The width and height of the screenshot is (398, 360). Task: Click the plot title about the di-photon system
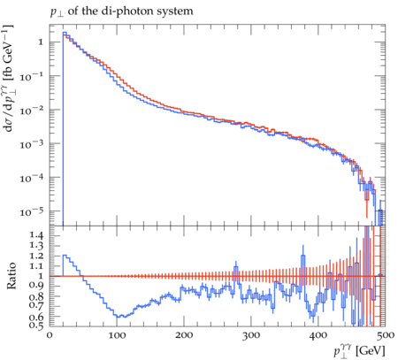pyautogui.click(x=122, y=11)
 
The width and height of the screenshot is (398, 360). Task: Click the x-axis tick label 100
pyautogui.click(x=117, y=335)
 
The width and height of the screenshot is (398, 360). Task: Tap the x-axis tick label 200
pyautogui.click(x=184, y=335)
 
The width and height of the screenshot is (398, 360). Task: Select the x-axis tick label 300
pyautogui.click(x=251, y=335)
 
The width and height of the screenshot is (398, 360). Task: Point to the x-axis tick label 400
pyautogui.click(x=318, y=335)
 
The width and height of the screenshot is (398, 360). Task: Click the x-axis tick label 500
pyautogui.click(x=385, y=335)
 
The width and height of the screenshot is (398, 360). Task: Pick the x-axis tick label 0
pyautogui.click(x=50, y=335)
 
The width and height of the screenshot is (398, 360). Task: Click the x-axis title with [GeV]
pyautogui.click(x=359, y=351)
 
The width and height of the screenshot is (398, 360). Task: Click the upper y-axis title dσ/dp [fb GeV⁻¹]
pyautogui.click(x=8, y=78)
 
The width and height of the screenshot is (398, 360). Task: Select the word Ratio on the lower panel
pyautogui.click(x=11, y=276)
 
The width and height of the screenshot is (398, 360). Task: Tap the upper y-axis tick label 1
pyautogui.click(x=41, y=42)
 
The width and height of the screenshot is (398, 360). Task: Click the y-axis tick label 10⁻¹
pyautogui.click(x=33, y=76)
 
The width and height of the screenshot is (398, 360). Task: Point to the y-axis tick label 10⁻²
pyautogui.click(x=33, y=110)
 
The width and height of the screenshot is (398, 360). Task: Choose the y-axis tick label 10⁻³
pyautogui.click(x=33, y=144)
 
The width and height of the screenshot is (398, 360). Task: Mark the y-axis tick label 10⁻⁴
pyautogui.click(x=33, y=178)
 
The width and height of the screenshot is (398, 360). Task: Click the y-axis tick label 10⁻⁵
pyautogui.click(x=33, y=211)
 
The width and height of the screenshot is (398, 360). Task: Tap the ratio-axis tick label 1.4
pyautogui.click(x=37, y=235)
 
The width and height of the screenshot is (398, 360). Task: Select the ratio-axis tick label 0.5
pyautogui.click(x=37, y=326)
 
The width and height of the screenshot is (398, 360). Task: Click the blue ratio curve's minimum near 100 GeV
pyautogui.click(x=119, y=317)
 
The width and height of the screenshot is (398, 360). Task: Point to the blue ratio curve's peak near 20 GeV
pyautogui.click(x=65, y=256)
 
